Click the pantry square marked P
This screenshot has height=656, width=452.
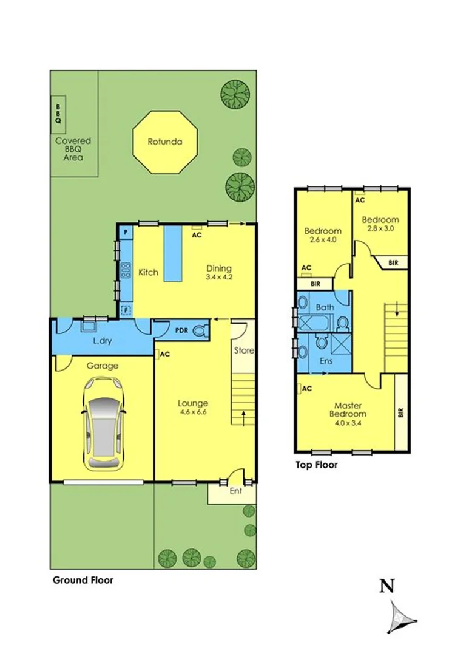(x=126, y=232)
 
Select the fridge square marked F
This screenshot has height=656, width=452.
(x=126, y=309)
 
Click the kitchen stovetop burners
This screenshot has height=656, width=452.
(x=126, y=270)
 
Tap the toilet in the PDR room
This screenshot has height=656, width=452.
(x=203, y=330)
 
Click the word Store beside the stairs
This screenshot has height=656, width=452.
(x=244, y=350)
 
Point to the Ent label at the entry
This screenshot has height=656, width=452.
(x=235, y=491)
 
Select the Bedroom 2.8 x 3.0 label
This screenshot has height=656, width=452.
(x=380, y=224)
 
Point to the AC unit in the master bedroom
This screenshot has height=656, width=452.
(x=306, y=389)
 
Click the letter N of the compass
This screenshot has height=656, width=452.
(x=387, y=586)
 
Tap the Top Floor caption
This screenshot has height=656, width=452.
(x=316, y=465)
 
